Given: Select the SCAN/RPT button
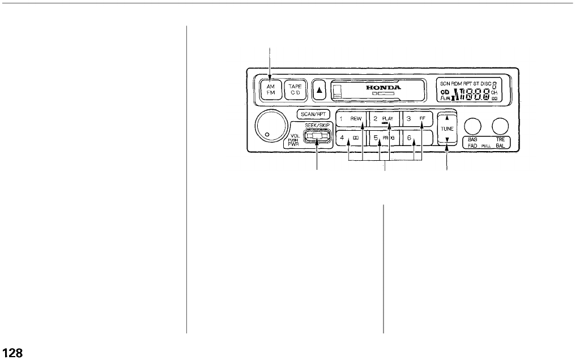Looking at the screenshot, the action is [x=312, y=113].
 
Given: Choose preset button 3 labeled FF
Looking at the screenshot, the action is [x=418, y=119].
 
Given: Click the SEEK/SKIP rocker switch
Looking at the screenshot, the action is [x=317, y=137].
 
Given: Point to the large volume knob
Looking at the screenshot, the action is [x=270, y=126].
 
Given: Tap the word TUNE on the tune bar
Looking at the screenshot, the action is [x=447, y=129].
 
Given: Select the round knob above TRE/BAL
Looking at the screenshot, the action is [x=499, y=126].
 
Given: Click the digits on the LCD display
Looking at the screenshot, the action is [x=474, y=93].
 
